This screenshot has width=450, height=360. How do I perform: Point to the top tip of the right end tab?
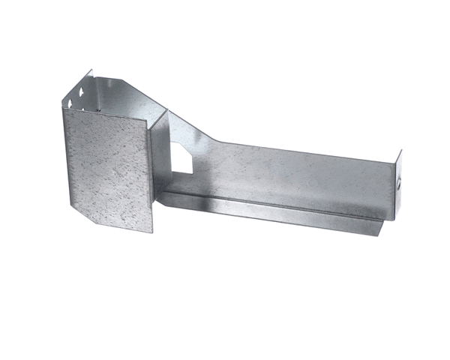click(400, 151)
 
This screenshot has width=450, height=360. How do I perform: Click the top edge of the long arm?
click(300, 148)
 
